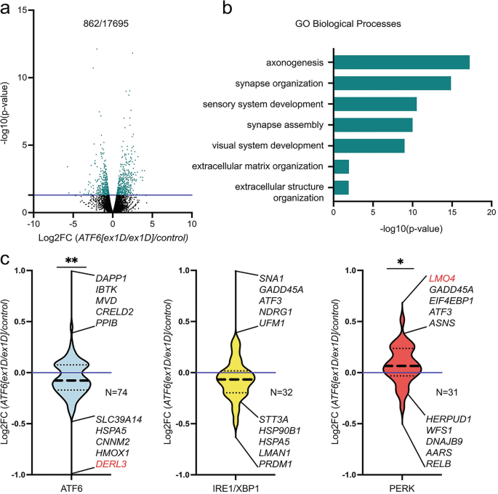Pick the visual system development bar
click(x=369, y=146)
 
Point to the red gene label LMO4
click(x=443, y=278)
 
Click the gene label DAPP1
click(x=112, y=278)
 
